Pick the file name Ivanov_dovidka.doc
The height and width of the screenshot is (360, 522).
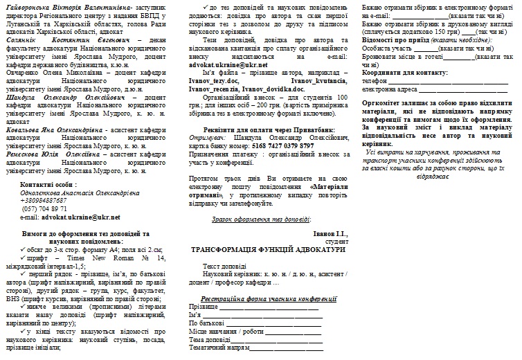pos(276,89)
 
